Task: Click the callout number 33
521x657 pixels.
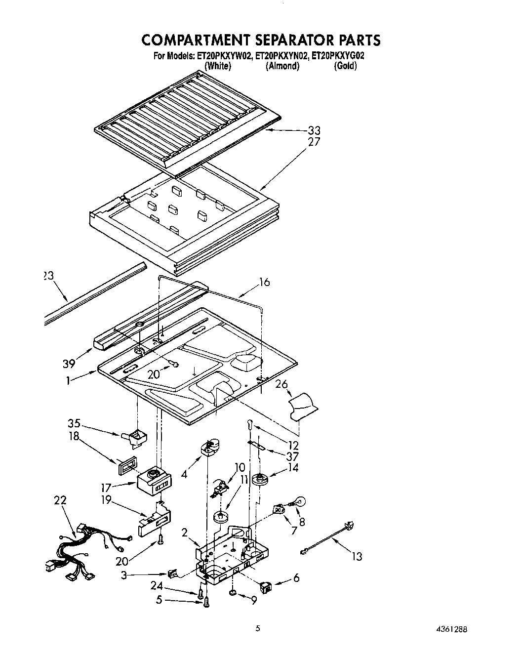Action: click(314, 131)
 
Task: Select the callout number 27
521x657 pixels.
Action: click(314, 142)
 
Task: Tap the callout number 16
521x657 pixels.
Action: click(265, 283)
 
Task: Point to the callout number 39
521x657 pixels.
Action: click(69, 364)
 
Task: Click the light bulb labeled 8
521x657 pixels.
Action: click(299, 501)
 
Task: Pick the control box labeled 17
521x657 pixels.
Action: click(155, 481)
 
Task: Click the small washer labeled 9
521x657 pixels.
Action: click(232, 593)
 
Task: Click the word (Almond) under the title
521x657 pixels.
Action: click(282, 66)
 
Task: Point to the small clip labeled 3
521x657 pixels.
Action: click(172, 574)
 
